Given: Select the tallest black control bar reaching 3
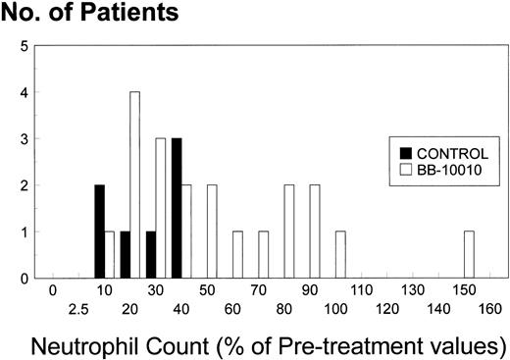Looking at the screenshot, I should pyautogui.click(x=177, y=209).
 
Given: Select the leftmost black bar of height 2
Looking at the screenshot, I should pyautogui.click(x=99, y=232).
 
